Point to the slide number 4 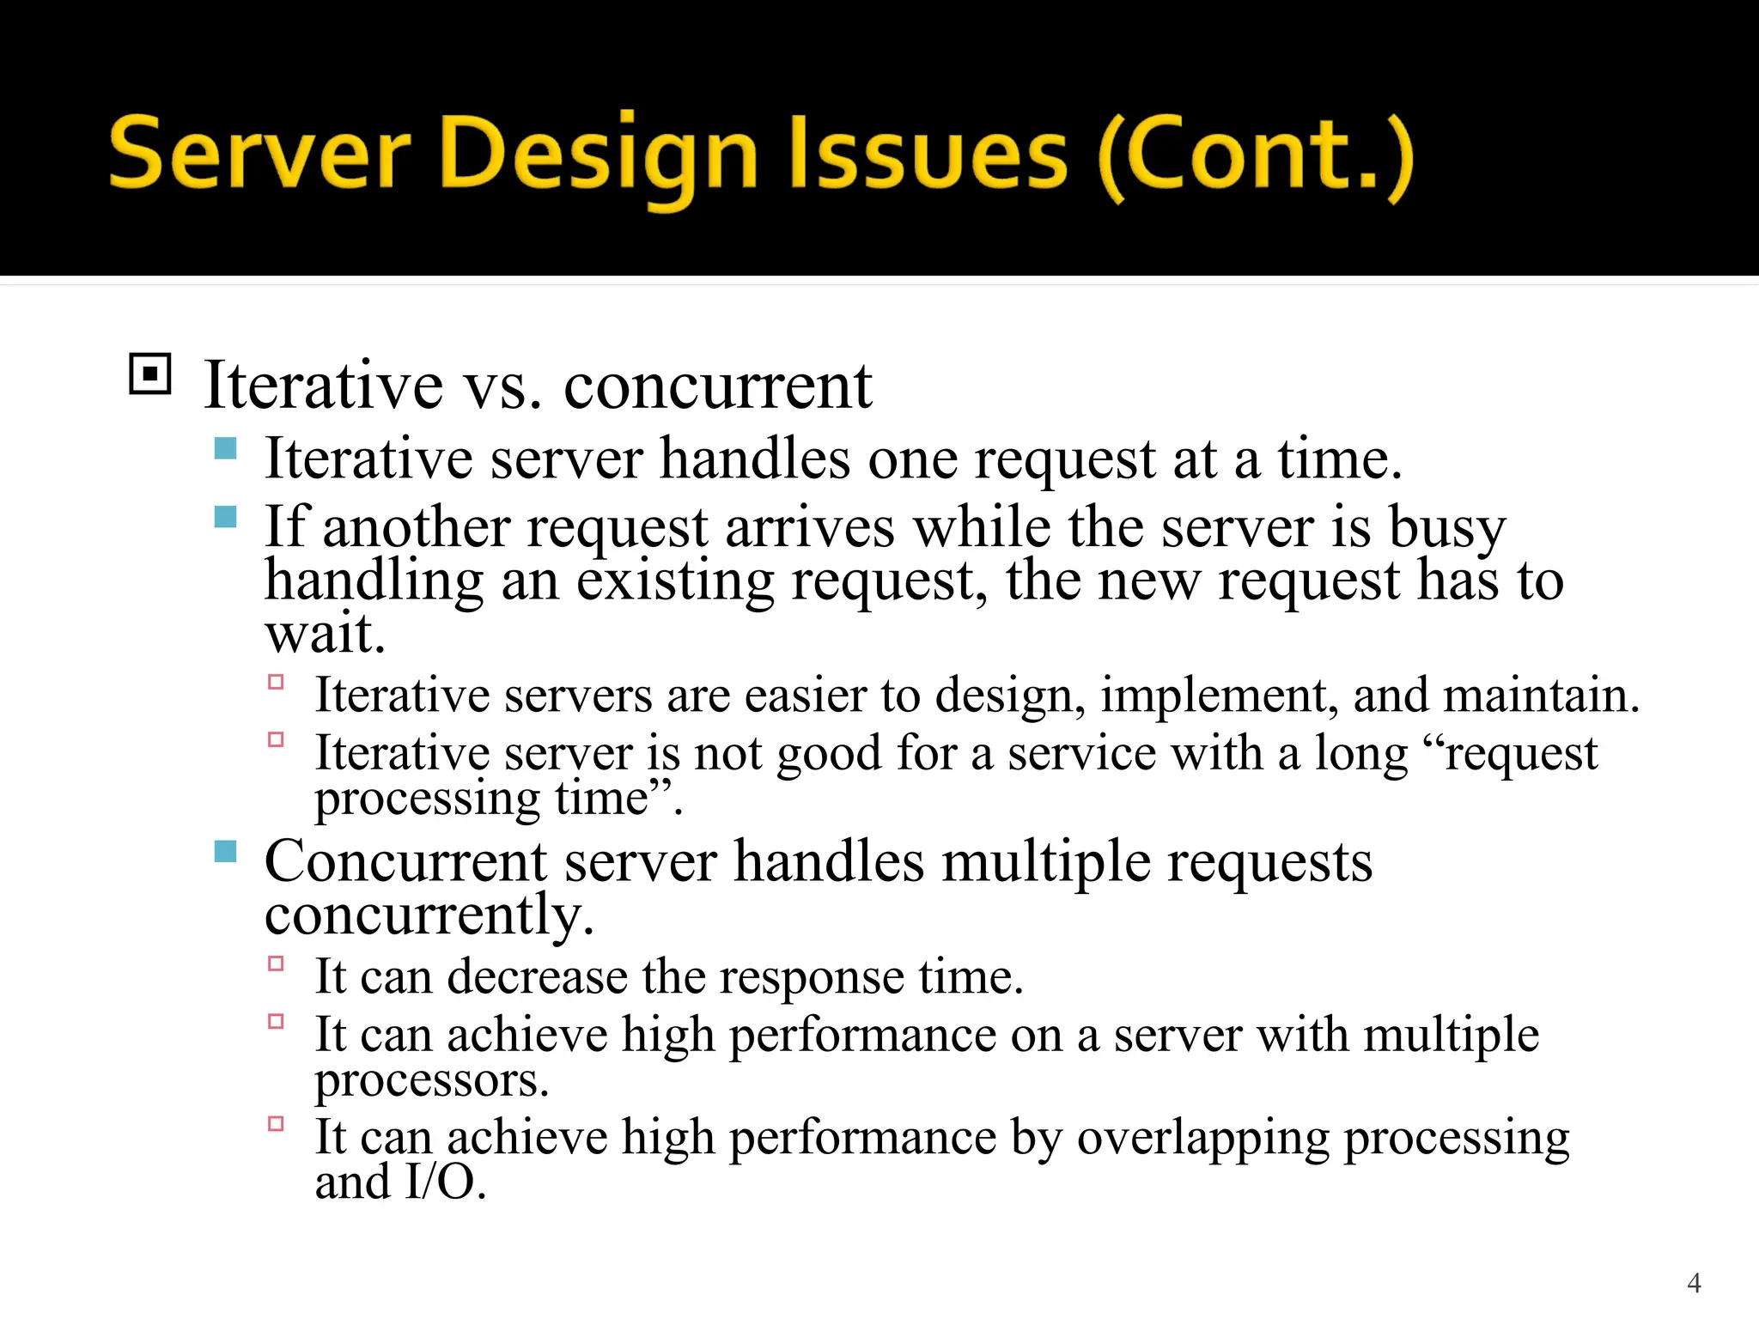click(1694, 1283)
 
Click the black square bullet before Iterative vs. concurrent click(150, 374)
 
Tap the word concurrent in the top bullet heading click(717, 386)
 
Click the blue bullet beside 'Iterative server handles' click(225, 448)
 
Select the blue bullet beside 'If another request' click(225, 516)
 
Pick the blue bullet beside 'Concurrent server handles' click(225, 851)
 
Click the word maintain click(1540, 695)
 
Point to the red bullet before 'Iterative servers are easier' click(276, 683)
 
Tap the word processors click(430, 1080)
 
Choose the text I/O click(445, 1182)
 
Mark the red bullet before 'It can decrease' click(276, 964)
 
